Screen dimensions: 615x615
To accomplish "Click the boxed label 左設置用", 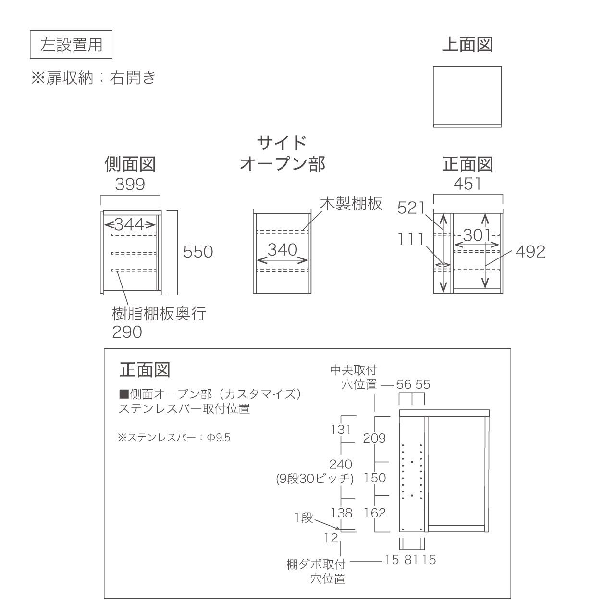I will tap(71, 45).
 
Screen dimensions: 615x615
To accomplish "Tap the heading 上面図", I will tap(467, 45).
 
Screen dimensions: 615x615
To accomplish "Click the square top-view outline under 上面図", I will tap(467, 96).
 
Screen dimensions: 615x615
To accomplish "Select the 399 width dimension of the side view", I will tap(130, 184).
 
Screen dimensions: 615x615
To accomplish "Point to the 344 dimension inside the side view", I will tap(130, 224).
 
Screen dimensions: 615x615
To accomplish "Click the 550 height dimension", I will tap(198, 252).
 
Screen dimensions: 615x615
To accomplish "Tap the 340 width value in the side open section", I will tap(283, 250).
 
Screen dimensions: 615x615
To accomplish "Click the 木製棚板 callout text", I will tap(351, 204).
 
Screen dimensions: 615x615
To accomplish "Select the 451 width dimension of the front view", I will tap(467, 184).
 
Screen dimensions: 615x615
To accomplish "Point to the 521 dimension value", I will tap(412, 208).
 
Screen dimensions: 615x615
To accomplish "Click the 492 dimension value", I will tap(530, 252).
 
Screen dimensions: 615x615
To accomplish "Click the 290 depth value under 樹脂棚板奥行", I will tap(127, 332).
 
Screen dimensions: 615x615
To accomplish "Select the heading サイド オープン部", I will tap(282, 153).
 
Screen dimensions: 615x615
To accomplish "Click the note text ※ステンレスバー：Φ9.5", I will tap(174, 438).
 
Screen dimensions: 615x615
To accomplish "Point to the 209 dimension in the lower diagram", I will tap(374, 438).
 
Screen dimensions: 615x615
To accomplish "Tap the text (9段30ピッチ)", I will tap(315, 479).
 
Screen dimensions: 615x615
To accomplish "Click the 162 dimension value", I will tap(375, 513).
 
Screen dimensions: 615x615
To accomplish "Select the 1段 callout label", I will tap(304, 518).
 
